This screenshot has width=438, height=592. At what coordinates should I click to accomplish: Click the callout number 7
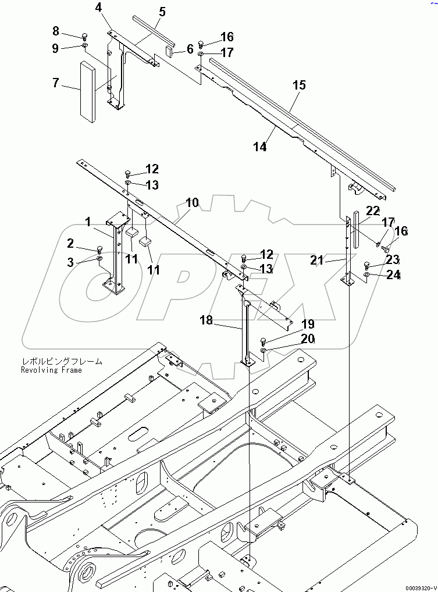pos(56,83)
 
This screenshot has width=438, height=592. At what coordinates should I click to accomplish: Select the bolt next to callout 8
pos(84,34)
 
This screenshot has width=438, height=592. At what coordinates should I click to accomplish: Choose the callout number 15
pos(299,85)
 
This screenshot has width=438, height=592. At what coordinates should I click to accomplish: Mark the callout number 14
pos(259,147)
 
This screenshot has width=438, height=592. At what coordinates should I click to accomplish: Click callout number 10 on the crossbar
pos(192,203)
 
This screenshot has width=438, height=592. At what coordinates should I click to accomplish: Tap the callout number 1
pos(87,222)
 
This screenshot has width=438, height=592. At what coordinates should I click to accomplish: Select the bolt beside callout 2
pos(99,250)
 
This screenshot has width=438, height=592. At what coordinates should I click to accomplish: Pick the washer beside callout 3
pos(99,258)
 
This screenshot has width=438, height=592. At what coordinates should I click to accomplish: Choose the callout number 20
pos(308,339)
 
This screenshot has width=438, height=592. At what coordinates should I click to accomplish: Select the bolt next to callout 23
pos(366,265)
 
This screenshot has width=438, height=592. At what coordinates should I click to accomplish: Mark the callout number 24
pos(393,275)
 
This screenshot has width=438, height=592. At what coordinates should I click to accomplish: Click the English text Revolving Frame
pos(51,370)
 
